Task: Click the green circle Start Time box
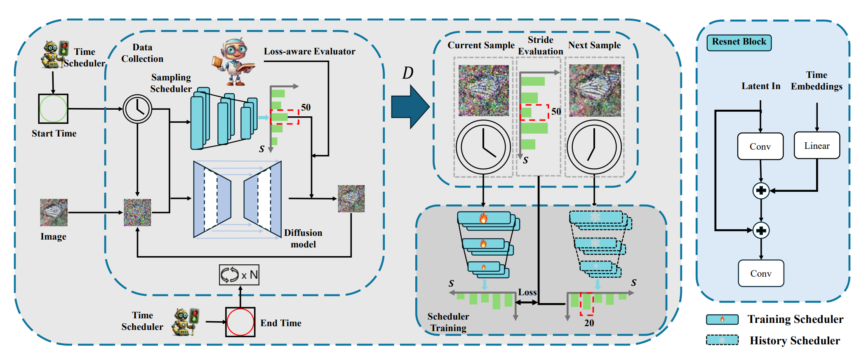53,109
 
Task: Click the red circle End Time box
240,322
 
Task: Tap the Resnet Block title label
739,42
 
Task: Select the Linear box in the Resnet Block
817,146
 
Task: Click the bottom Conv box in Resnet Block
760,273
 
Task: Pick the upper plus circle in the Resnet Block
761,191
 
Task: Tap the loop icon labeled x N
239,275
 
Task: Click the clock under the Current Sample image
483,147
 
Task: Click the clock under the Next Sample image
594,147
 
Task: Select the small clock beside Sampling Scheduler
137,109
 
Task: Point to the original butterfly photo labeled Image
54,212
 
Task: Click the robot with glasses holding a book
233,62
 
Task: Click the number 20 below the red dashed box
589,323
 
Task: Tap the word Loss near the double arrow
527,292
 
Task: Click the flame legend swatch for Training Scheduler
722,319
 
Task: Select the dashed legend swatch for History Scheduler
722,340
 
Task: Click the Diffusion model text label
303,238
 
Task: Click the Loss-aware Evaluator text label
309,52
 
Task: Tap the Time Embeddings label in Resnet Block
816,80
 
